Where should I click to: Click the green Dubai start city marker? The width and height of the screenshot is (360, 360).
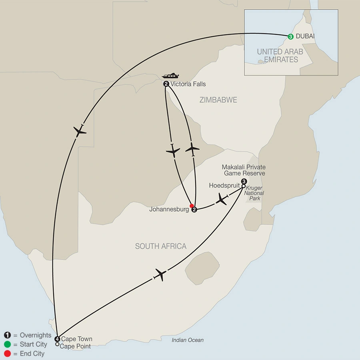click(290, 36)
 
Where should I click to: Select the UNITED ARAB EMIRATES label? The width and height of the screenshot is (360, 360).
click(280, 56)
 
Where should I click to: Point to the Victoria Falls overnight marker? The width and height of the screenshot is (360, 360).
click(166, 84)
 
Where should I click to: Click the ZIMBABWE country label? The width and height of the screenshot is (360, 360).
click(218, 100)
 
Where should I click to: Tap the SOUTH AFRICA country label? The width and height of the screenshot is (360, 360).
click(160, 246)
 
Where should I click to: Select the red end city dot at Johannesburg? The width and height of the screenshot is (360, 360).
click(192, 206)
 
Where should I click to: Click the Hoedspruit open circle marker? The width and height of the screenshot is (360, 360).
click(243, 186)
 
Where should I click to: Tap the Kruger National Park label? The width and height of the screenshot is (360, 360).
click(255, 193)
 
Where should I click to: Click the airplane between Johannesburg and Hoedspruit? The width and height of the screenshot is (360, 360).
click(221, 199)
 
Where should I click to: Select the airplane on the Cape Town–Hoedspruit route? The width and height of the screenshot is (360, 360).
click(160, 275)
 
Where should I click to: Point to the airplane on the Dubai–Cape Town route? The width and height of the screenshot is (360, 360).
click(80, 130)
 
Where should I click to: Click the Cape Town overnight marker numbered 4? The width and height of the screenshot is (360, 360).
click(57, 339)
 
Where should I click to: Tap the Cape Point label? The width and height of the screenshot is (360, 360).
click(75, 346)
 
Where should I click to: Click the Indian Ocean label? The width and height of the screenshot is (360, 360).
click(188, 340)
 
